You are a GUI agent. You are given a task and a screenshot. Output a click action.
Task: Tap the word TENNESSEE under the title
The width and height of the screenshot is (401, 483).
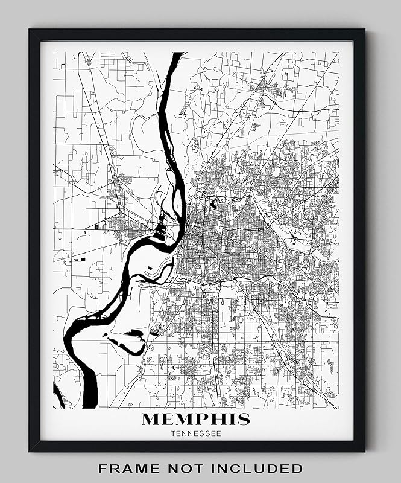[x=195, y=433]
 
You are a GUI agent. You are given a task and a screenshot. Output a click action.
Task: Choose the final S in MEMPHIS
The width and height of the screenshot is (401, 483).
[x=244, y=419]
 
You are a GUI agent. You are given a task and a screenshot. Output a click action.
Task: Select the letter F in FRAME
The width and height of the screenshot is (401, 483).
[x=103, y=468]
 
